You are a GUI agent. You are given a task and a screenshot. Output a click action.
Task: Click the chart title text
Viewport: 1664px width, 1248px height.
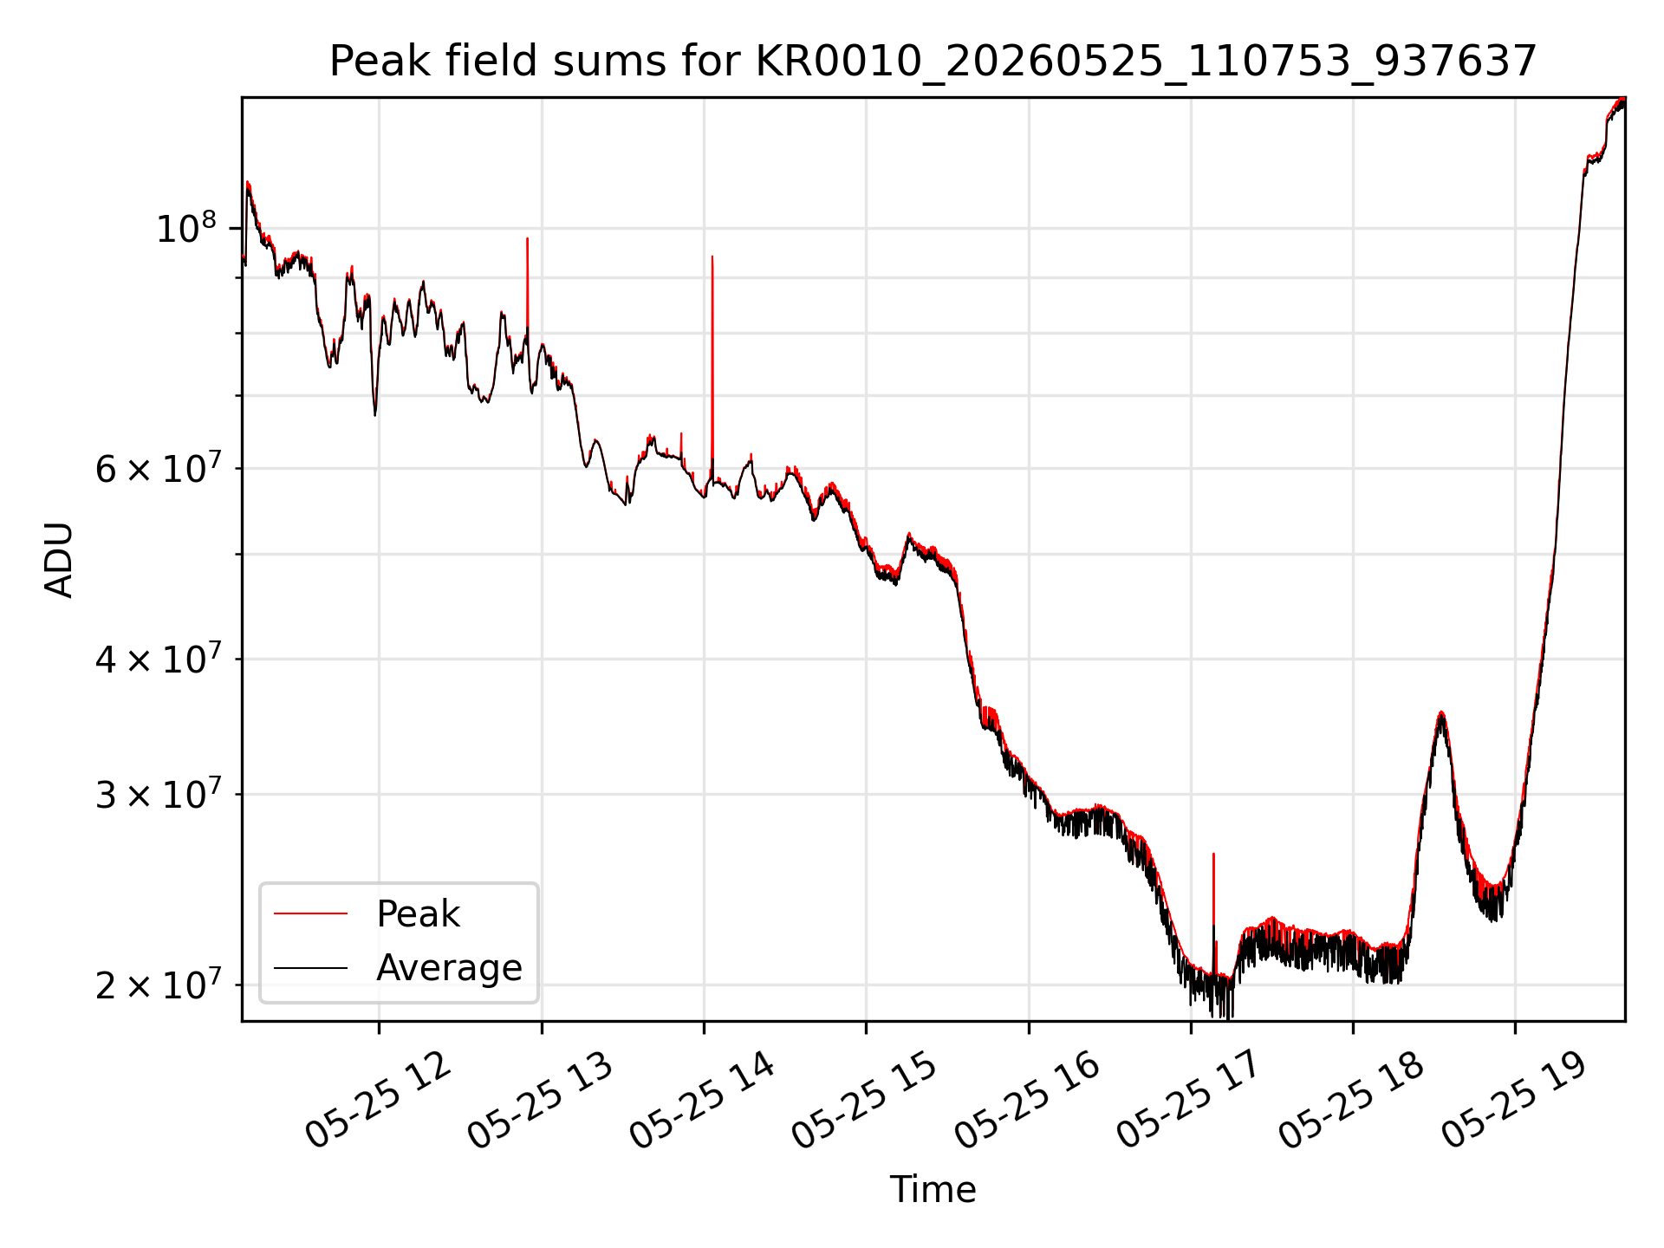pyautogui.click(x=933, y=62)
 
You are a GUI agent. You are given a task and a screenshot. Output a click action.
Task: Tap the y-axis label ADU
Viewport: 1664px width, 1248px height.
pyautogui.click(x=59, y=560)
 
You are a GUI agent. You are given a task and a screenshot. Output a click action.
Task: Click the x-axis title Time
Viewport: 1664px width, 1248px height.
pyautogui.click(x=933, y=1190)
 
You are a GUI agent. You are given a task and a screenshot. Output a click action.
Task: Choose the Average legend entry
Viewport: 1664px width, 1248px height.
pyautogui.click(x=398, y=967)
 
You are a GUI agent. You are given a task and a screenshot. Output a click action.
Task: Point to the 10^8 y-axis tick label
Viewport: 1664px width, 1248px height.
pyautogui.click(x=185, y=228)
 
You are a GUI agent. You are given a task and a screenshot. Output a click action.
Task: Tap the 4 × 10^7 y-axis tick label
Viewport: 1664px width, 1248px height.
pyautogui.click(x=156, y=659)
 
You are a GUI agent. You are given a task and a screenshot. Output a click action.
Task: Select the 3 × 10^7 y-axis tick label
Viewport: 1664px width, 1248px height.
pyautogui.click(x=156, y=794)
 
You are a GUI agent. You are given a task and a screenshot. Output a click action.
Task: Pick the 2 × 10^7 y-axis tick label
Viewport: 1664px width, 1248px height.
pyautogui.click(x=156, y=985)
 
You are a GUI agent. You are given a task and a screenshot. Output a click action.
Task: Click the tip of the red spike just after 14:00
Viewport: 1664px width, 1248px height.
pyautogui.click(x=712, y=257)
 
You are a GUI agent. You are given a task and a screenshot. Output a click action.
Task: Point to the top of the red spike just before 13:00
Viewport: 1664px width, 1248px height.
pyautogui.click(x=527, y=238)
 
